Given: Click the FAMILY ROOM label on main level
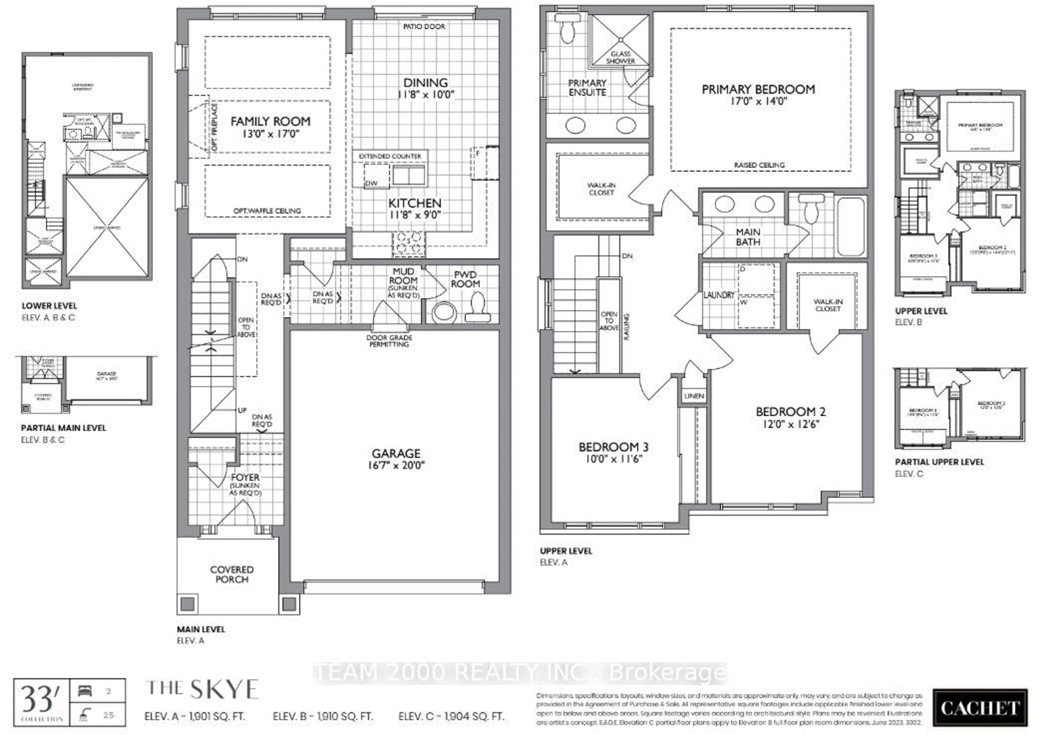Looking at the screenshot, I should point(270,122).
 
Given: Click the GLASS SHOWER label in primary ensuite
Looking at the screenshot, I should point(620,58).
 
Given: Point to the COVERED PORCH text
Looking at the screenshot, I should point(232,574).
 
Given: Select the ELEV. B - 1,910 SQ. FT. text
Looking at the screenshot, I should point(323,716).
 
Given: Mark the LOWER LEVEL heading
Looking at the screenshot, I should point(49,306).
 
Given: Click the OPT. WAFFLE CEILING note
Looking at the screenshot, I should point(267,211).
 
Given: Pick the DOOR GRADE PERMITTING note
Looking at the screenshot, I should point(389,341).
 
